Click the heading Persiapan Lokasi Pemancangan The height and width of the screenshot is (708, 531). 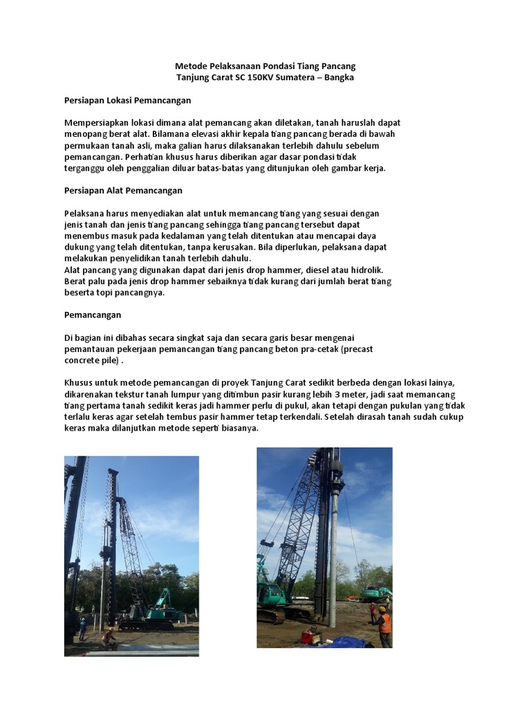[127, 100]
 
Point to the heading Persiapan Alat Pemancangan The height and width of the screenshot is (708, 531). [123, 190]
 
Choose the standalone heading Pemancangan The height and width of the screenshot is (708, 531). [93, 315]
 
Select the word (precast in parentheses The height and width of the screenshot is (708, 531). [355, 348]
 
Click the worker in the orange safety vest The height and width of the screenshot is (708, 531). [384, 625]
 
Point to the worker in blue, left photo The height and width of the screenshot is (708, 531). [83, 628]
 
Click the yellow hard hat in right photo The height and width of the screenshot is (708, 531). [381, 609]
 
